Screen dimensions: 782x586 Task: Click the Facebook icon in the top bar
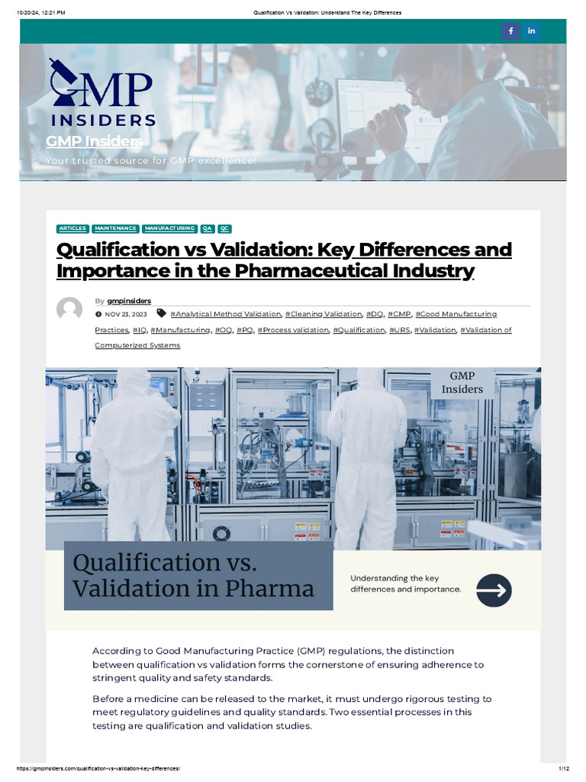[510, 31]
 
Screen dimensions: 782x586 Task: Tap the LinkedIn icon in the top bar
[531, 31]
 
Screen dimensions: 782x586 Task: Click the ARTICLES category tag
[72, 228]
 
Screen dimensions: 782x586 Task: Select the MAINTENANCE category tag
[115, 228]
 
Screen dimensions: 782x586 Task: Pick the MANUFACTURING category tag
[169, 228]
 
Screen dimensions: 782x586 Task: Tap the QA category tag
[208, 228]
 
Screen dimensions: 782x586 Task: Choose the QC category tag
[224, 228]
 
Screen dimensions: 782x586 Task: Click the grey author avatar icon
[69, 309]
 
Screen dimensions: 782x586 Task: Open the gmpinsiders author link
[129, 301]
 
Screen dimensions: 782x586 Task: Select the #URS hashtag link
[400, 330]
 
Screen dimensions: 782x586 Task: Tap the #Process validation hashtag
[293, 330]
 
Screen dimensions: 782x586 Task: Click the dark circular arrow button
[494, 590]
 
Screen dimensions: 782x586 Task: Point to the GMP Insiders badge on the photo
[462, 382]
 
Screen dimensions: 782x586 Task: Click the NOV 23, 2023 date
[125, 314]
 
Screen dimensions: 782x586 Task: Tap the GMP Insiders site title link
[94, 141]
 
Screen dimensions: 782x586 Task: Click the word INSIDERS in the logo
[103, 120]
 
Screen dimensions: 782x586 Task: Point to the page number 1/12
[564, 767]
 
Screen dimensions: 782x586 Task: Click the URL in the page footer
[98, 767]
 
